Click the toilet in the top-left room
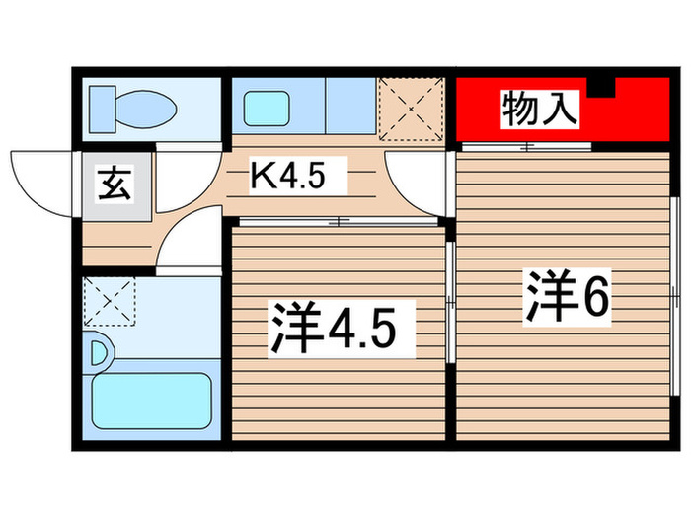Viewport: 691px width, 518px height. (x=129, y=103)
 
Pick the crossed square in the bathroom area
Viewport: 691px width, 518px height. (x=109, y=301)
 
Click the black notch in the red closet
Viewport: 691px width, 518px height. (x=601, y=88)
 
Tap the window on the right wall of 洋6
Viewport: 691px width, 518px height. (x=675, y=296)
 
